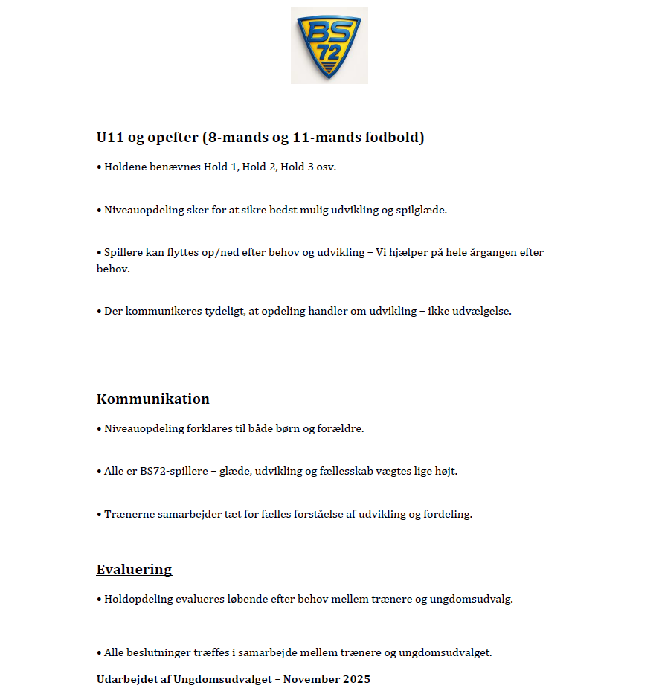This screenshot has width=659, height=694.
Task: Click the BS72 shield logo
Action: (329, 45)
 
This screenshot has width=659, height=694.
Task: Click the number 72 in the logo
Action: (328, 54)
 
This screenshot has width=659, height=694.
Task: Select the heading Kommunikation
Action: (153, 399)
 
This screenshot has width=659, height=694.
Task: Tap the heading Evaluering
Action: (134, 570)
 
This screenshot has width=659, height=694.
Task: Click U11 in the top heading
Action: (110, 138)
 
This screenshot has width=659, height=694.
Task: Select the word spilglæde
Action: (421, 210)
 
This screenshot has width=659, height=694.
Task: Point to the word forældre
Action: (339, 428)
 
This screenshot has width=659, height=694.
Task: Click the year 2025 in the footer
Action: (357, 679)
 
